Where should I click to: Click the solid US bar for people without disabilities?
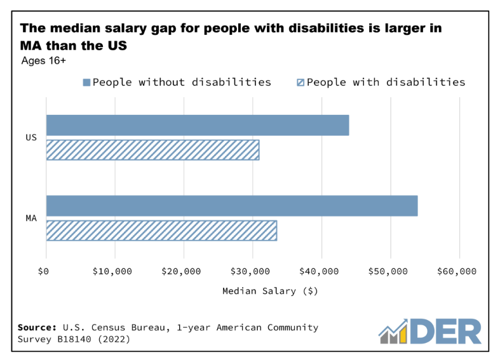pyautogui.click(x=198, y=125)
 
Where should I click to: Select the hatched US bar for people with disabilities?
pyautogui.click(x=152, y=150)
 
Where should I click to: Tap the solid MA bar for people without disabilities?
pyautogui.click(x=232, y=206)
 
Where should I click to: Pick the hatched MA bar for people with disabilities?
pyautogui.click(x=161, y=230)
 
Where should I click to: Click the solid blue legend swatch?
pyautogui.click(x=86, y=83)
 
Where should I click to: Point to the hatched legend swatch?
pyautogui.click(x=301, y=83)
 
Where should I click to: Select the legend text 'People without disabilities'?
pyautogui.click(x=182, y=82)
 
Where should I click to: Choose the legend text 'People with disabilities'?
pyautogui.click(x=386, y=82)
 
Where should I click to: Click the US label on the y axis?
pyautogui.click(x=31, y=137)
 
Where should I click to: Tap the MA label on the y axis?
pyautogui.click(x=31, y=218)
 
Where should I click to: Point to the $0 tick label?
pyautogui.click(x=43, y=271)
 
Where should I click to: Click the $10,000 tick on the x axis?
pyautogui.click(x=112, y=271)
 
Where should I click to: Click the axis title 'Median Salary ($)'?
pyautogui.click(x=270, y=291)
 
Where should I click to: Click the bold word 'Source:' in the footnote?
pyautogui.click(x=37, y=328)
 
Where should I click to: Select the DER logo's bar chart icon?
pyautogui.click(x=396, y=330)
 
